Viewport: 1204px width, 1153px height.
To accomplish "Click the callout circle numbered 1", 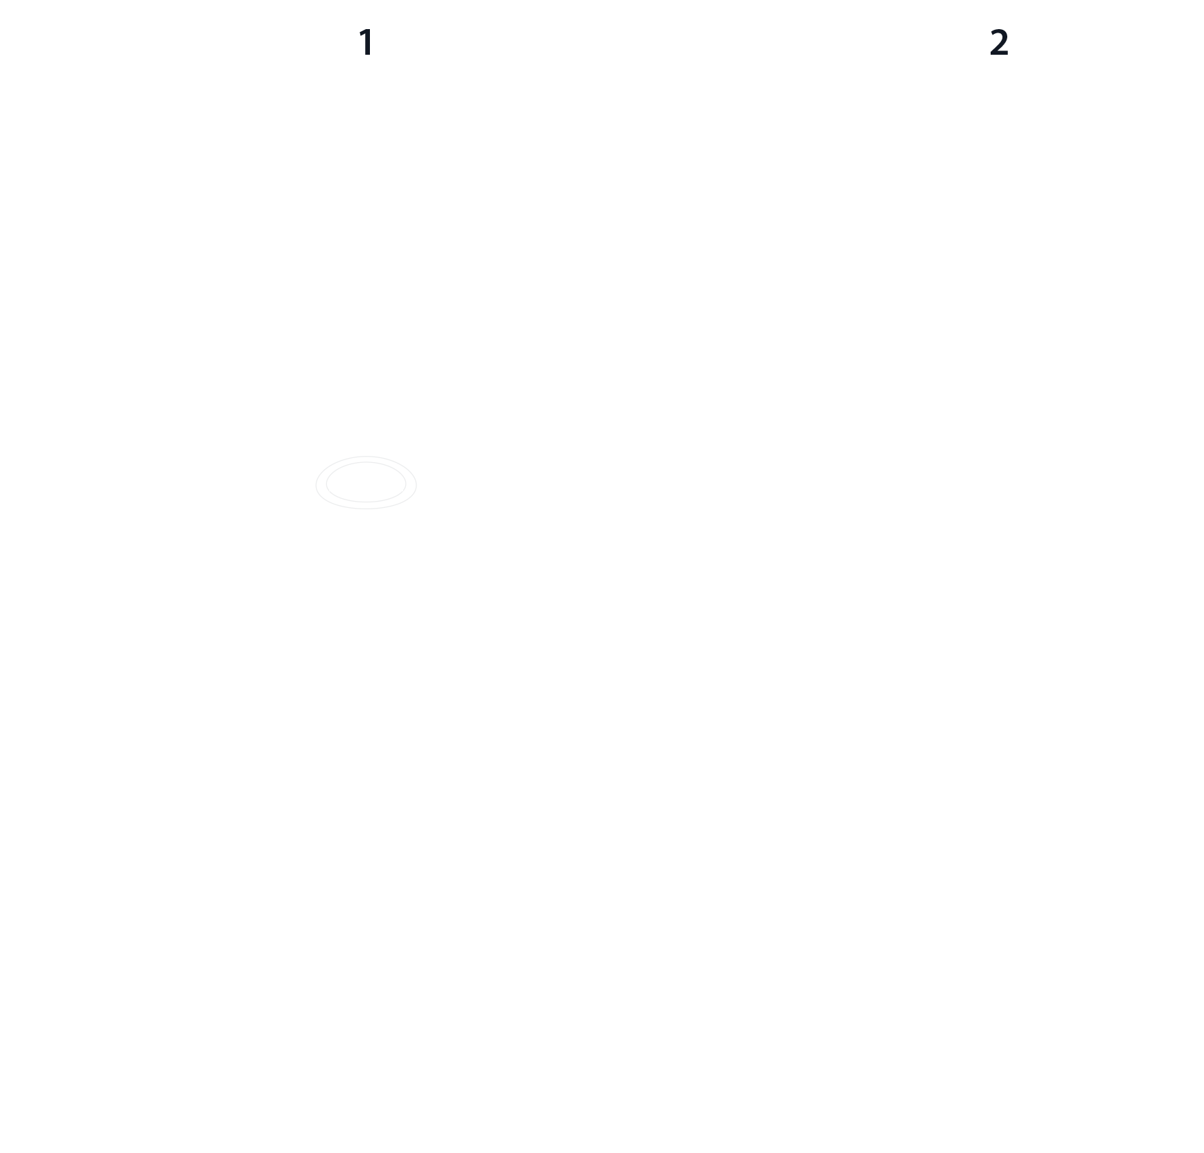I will pos(366,43).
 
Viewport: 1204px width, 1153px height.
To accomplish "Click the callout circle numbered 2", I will pos(998,43).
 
